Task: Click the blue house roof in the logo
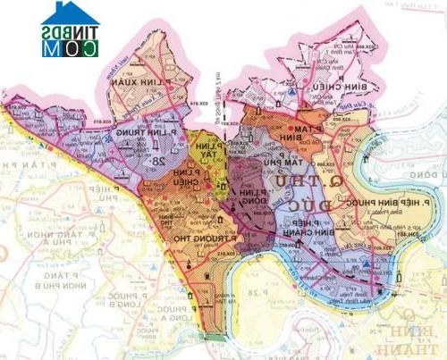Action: (71, 13)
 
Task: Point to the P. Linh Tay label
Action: (202, 150)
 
